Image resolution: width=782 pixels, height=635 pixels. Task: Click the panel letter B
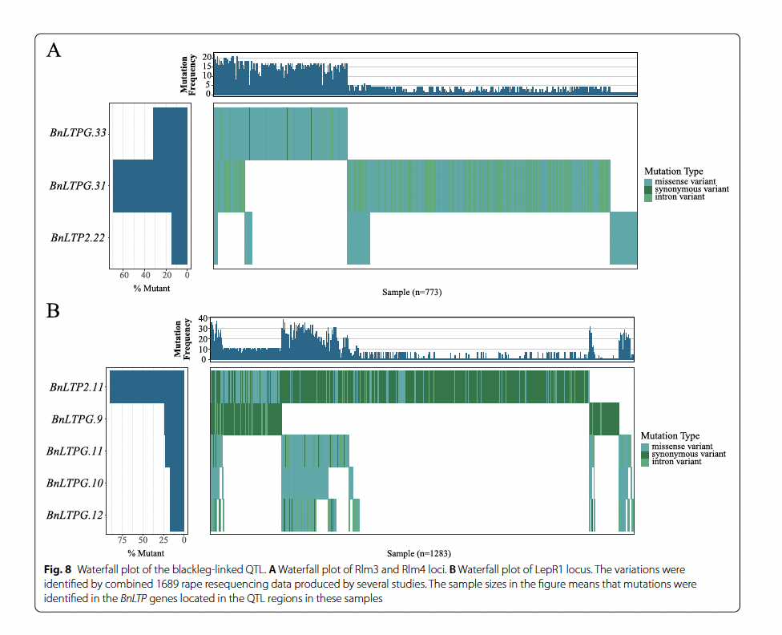coord(54,311)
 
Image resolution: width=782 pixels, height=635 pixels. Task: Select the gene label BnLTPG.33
coord(78,133)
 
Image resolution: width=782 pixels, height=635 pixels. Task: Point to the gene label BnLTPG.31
coord(78,186)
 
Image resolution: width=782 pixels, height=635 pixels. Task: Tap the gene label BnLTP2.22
coord(79,238)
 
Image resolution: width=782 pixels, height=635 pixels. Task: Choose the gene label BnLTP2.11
coord(77,387)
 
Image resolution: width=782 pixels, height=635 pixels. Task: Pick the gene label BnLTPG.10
coord(76,483)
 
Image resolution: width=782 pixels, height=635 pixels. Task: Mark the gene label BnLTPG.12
coord(76,515)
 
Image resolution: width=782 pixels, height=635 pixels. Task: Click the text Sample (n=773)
coord(412,293)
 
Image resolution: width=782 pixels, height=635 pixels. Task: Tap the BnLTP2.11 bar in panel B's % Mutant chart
coord(147,386)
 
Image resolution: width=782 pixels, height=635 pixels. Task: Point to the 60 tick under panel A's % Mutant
coord(124,276)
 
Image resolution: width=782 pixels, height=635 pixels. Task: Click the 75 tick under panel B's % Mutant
coord(122,540)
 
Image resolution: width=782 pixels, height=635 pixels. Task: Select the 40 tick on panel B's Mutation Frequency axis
coord(202,318)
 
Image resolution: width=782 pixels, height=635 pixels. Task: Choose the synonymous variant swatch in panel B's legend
coord(646,454)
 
